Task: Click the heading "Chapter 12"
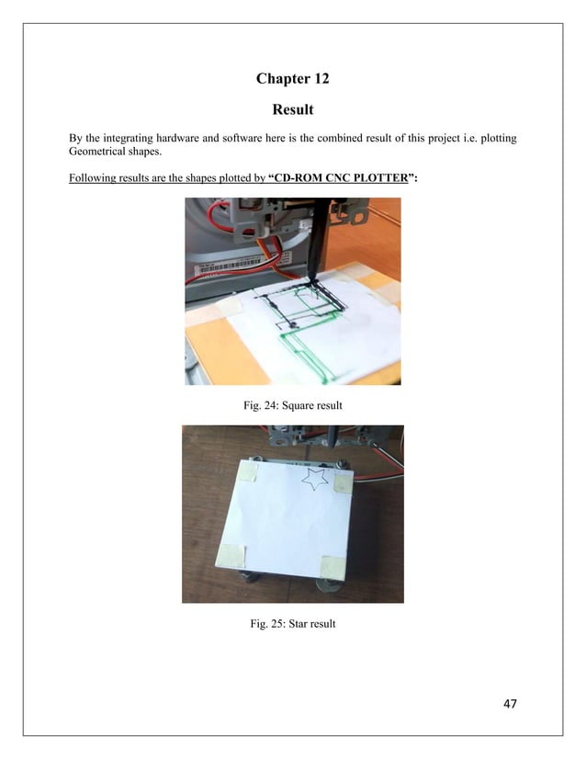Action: coord(292,79)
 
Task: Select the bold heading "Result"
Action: coord(293,110)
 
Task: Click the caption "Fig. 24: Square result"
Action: coord(293,405)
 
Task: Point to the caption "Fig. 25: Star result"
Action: coord(293,624)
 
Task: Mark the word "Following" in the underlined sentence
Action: coord(93,178)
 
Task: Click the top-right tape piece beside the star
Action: coord(344,483)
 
